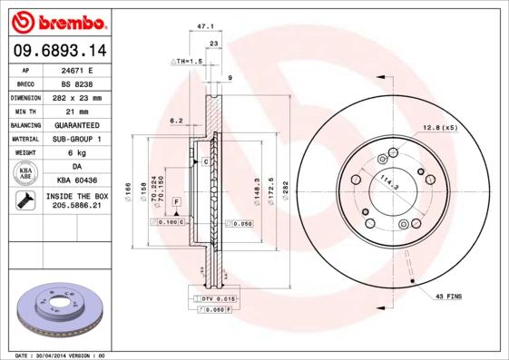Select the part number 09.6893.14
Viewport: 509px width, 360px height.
[58, 51]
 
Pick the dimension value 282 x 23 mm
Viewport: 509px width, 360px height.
[84, 96]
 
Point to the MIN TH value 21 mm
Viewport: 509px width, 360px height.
[84, 111]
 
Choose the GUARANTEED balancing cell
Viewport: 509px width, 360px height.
[84, 124]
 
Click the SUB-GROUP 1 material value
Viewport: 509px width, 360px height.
[84, 139]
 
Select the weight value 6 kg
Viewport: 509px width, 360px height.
[84, 153]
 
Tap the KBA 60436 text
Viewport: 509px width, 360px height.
[84, 181]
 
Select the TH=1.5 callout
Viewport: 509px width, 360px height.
[185, 62]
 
